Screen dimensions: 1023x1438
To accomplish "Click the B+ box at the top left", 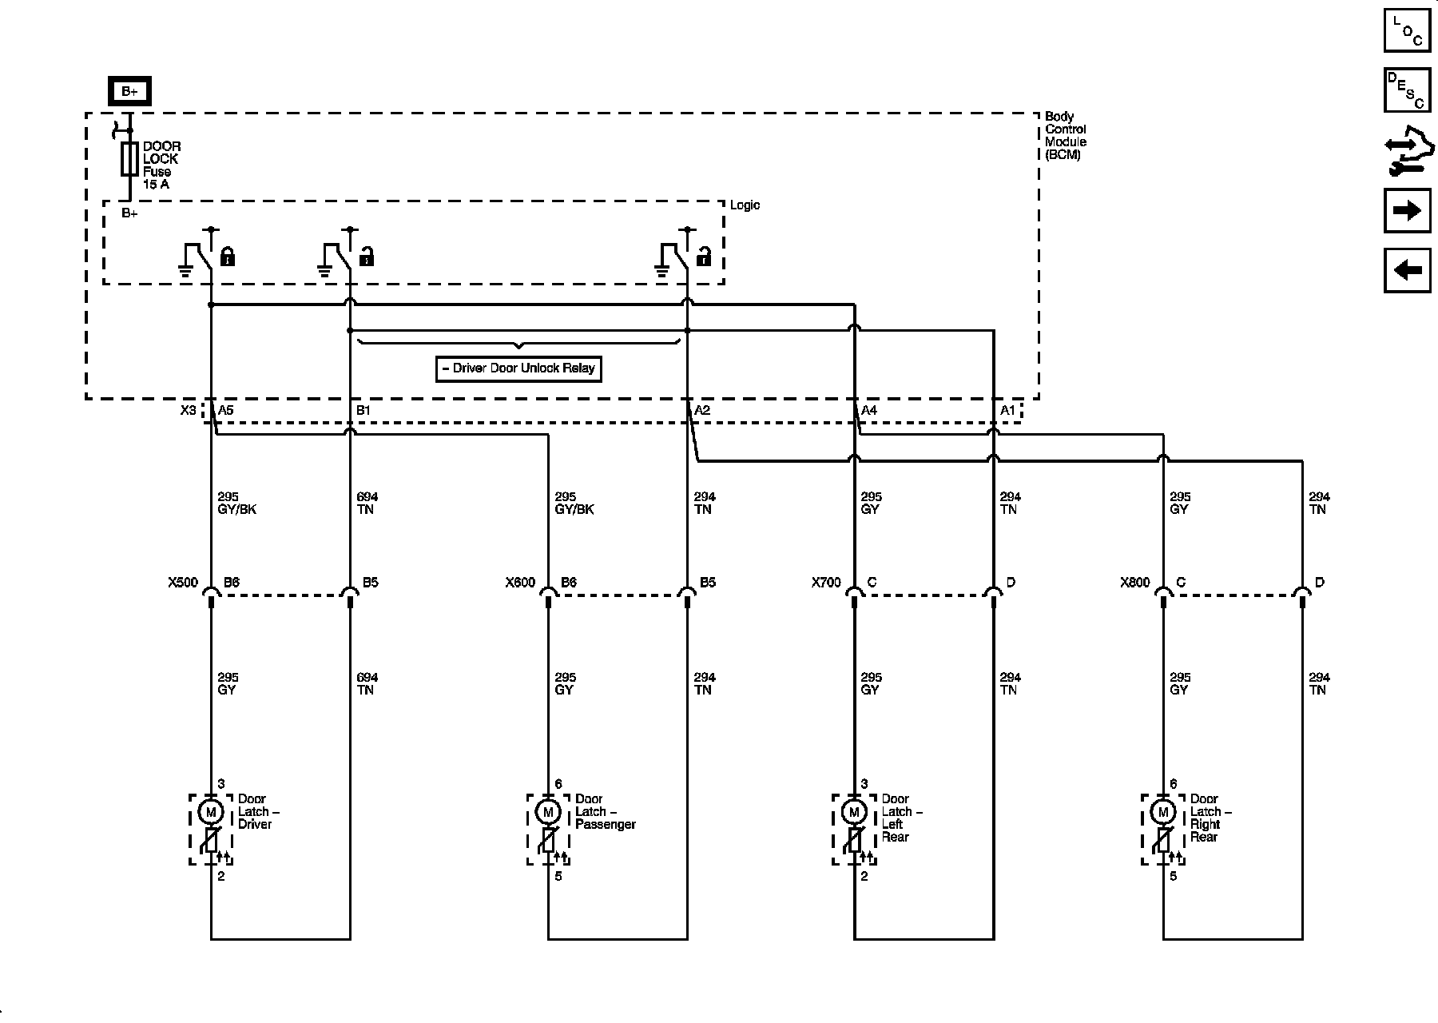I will click(129, 92).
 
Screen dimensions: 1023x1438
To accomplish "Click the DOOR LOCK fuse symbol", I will click(129, 159).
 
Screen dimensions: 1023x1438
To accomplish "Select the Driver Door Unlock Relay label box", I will click(518, 368).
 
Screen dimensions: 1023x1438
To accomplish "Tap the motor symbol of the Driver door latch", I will click(211, 812).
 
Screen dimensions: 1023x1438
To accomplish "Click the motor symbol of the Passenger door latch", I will click(548, 812).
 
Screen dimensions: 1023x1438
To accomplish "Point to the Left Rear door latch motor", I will click(854, 812).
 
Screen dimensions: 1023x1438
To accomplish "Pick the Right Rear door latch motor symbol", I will click(1162, 812).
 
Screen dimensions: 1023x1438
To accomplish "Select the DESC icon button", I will click(1407, 90).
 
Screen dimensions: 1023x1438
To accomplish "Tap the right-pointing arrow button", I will click(1407, 210).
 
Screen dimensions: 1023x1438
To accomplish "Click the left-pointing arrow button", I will click(1407, 270).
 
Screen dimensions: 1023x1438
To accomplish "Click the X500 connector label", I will click(183, 583).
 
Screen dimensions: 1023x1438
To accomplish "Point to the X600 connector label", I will click(520, 583).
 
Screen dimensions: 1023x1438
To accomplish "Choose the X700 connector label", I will click(826, 583).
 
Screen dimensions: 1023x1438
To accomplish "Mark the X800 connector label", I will click(1134, 583).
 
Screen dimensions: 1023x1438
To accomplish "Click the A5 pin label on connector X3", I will click(226, 411).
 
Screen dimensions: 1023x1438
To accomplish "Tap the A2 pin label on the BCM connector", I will click(702, 411).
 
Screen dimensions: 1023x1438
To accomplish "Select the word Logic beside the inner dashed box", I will click(745, 205).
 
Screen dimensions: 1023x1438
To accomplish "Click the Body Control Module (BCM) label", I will click(1066, 136).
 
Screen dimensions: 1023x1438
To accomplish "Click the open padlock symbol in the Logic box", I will click(704, 257).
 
